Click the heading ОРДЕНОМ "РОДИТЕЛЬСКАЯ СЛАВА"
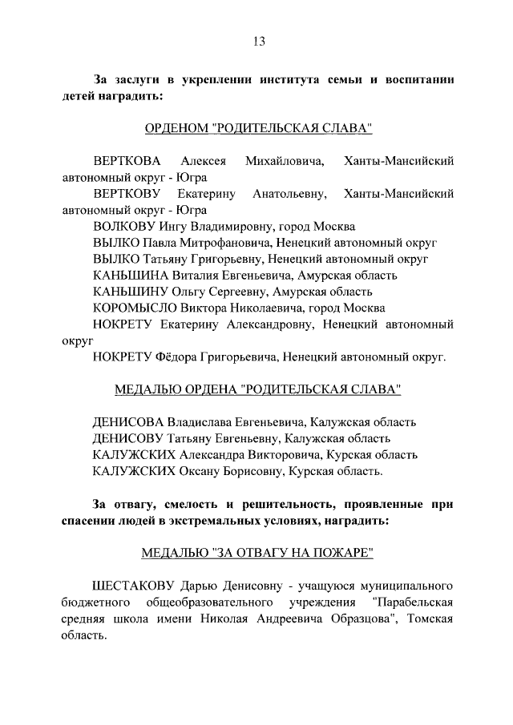[258, 128]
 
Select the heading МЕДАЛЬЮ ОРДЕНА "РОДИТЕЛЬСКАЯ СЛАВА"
[258, 389]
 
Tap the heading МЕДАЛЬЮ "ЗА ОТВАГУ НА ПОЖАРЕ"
[258, 553]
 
